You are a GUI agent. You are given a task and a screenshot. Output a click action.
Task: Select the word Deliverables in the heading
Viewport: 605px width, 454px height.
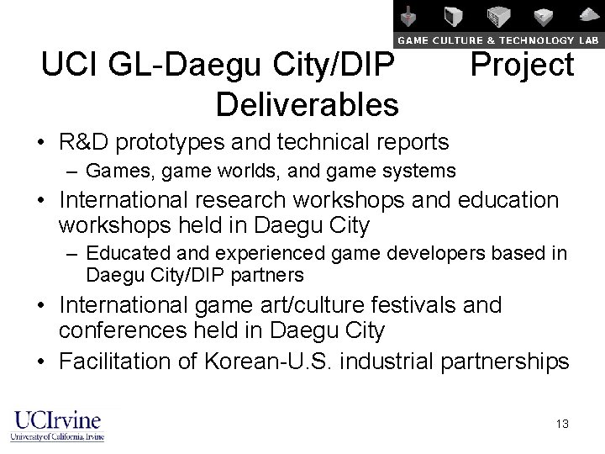307,105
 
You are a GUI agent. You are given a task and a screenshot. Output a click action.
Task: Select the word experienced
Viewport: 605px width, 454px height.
242,253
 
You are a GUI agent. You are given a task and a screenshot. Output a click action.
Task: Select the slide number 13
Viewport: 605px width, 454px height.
562,424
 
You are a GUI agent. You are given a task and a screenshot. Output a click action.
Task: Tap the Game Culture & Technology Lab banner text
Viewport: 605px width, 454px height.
497,40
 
